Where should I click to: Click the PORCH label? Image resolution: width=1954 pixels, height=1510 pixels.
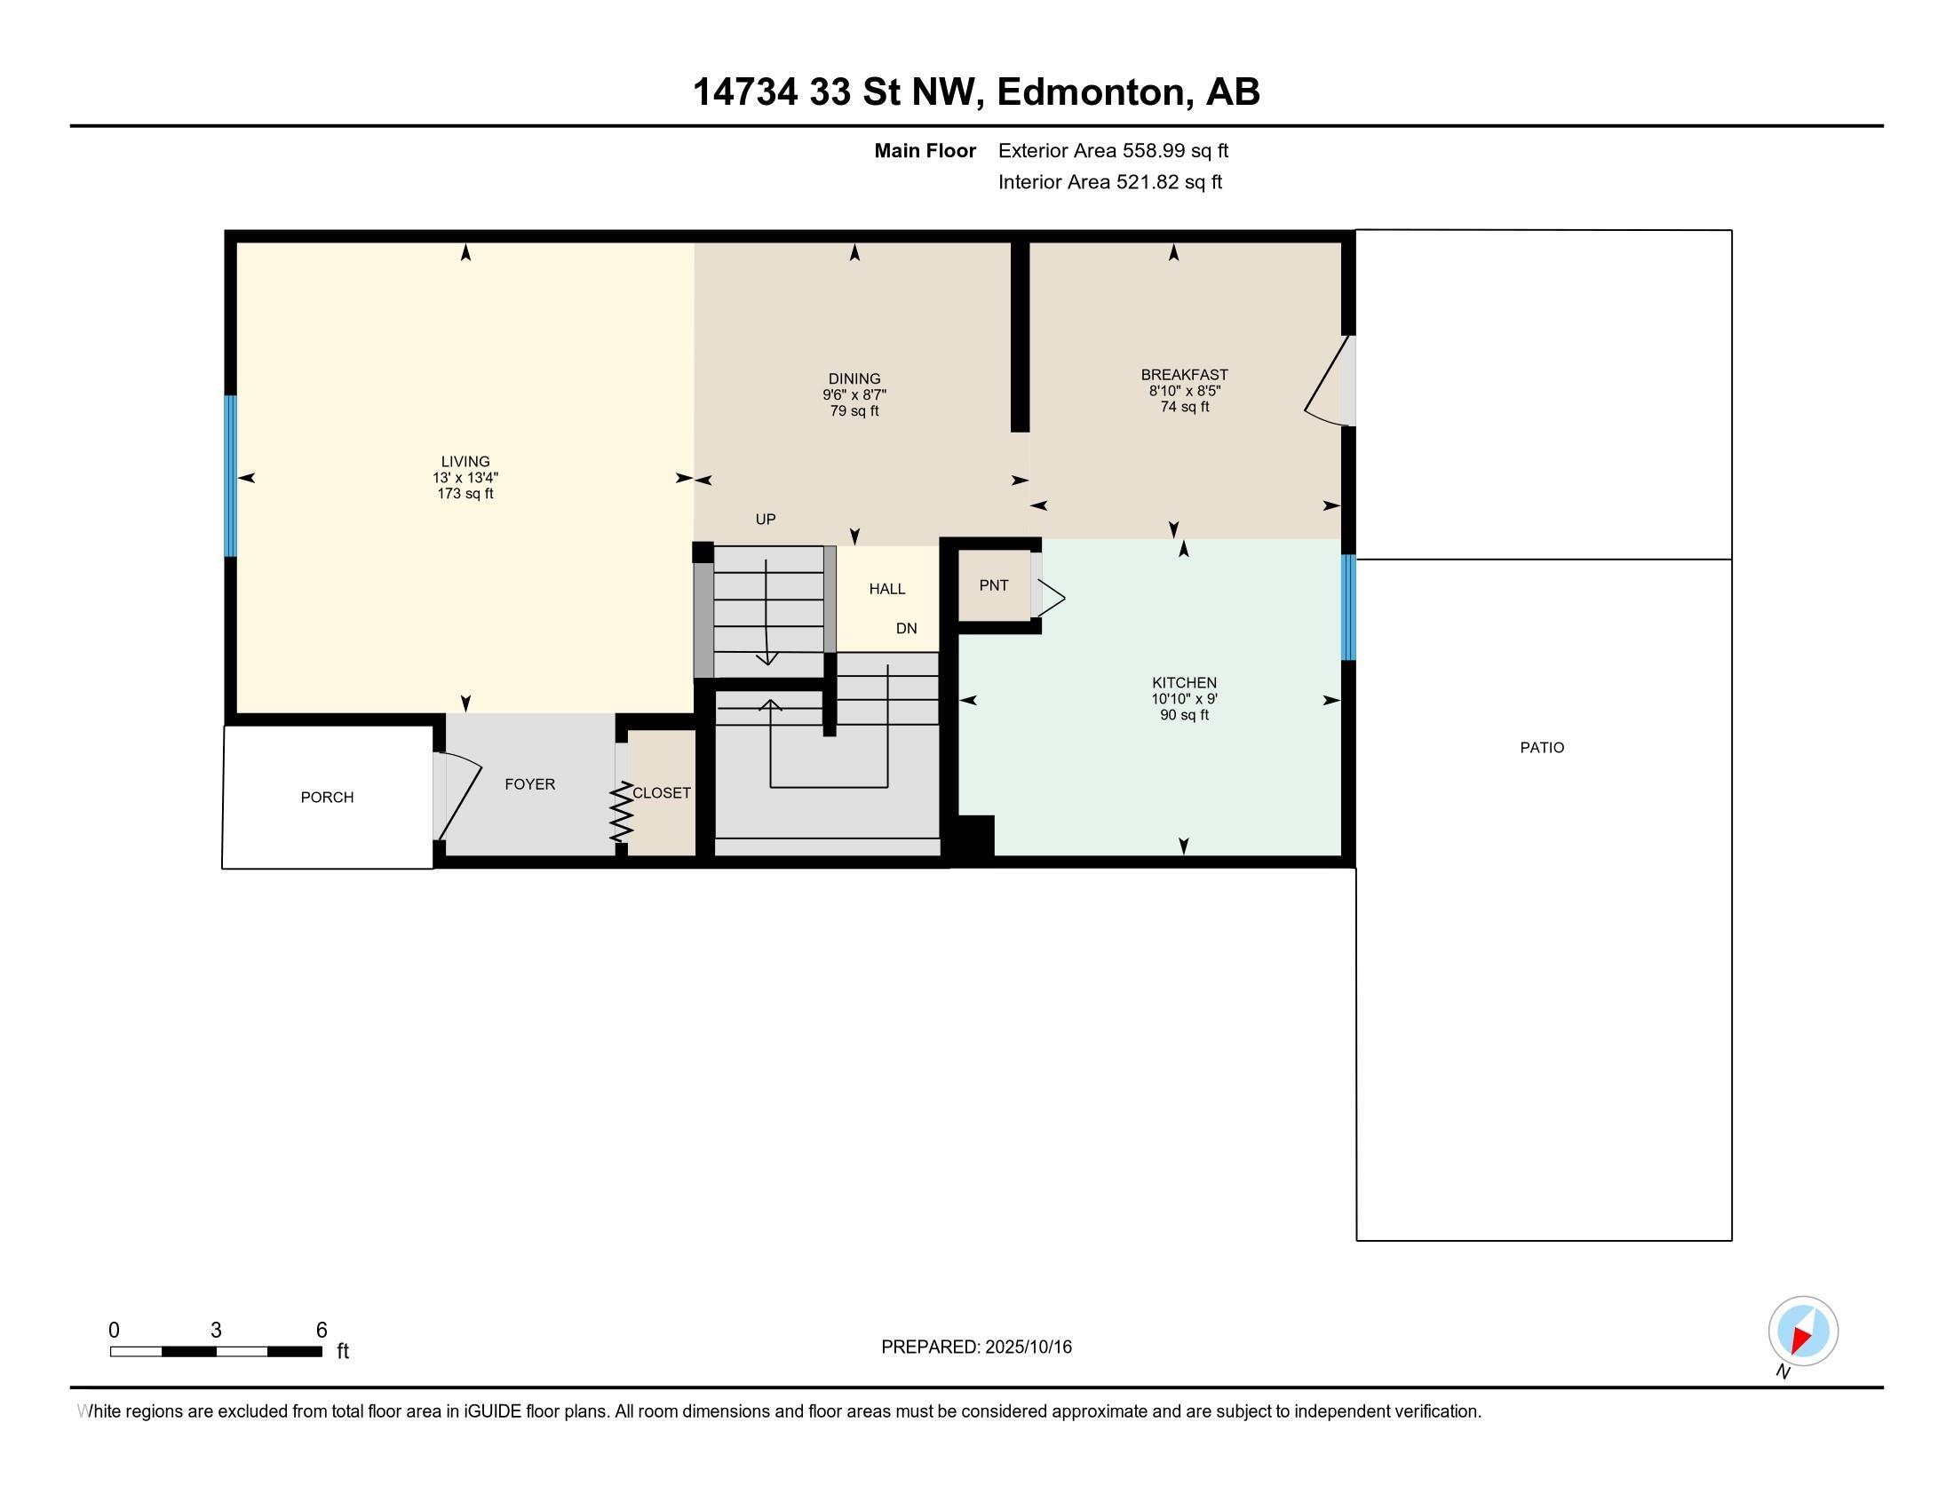coord(327,797)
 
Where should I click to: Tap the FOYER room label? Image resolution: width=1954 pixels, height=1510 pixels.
coord(529,784)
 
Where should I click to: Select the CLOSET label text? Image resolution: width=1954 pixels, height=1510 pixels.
coord(661,792)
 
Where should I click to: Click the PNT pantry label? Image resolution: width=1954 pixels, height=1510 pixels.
coord(994,585)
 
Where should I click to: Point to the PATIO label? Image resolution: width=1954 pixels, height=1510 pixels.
coord(1542,748)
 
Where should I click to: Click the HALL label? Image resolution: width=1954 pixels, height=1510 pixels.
coord(886,589)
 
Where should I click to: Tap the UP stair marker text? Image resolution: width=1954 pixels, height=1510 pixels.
coord(765,519)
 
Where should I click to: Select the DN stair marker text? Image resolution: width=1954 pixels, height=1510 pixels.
coord(906,628)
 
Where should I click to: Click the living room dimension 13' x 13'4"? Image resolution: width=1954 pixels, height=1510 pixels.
coord(465,478)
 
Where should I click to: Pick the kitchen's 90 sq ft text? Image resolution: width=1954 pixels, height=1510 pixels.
coord(1184,715)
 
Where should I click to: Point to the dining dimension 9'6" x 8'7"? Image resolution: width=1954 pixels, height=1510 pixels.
coord(854,394)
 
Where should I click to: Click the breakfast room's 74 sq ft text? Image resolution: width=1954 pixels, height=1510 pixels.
coord(1184,407)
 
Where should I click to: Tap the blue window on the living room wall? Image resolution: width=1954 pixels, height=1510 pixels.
coord(230,476)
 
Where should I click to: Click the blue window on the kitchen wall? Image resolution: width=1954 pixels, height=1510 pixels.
coord(1348,608)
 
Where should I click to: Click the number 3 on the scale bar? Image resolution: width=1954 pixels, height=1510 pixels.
coord(216,1331)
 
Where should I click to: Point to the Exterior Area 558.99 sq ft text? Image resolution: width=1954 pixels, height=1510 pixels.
coord(1113,150)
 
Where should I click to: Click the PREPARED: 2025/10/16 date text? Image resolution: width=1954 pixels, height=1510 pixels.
coord(976,1347)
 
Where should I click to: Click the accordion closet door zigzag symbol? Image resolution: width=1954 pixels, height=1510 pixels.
coord(622,811)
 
